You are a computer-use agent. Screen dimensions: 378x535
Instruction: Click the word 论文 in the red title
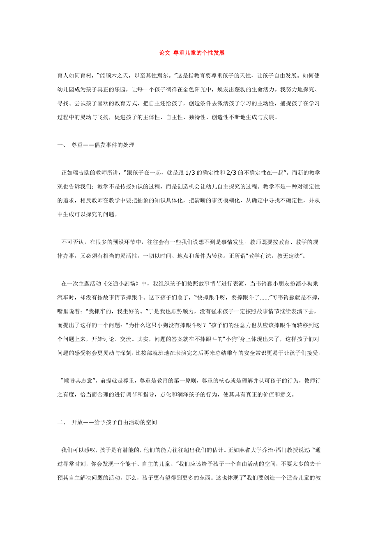tap(164, 53)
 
